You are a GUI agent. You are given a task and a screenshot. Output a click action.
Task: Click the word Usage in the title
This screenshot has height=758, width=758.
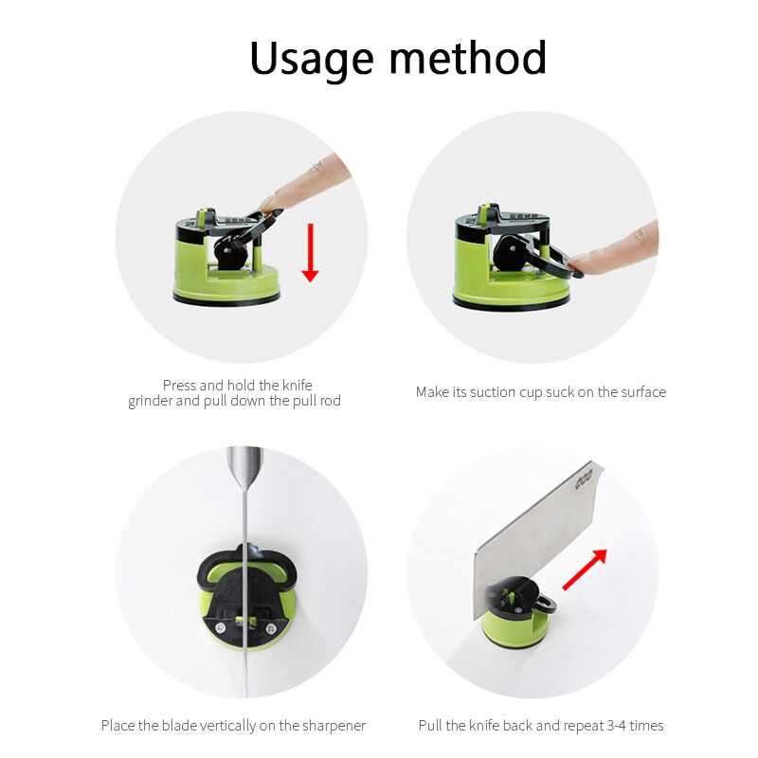[312, 59]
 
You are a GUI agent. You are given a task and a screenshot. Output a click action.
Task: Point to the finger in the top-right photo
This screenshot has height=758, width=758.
[616, 251]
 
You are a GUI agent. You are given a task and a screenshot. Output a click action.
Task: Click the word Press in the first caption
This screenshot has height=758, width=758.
[179, 386]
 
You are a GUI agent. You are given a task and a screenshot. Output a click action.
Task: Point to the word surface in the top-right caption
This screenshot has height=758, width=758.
[643, 392]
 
